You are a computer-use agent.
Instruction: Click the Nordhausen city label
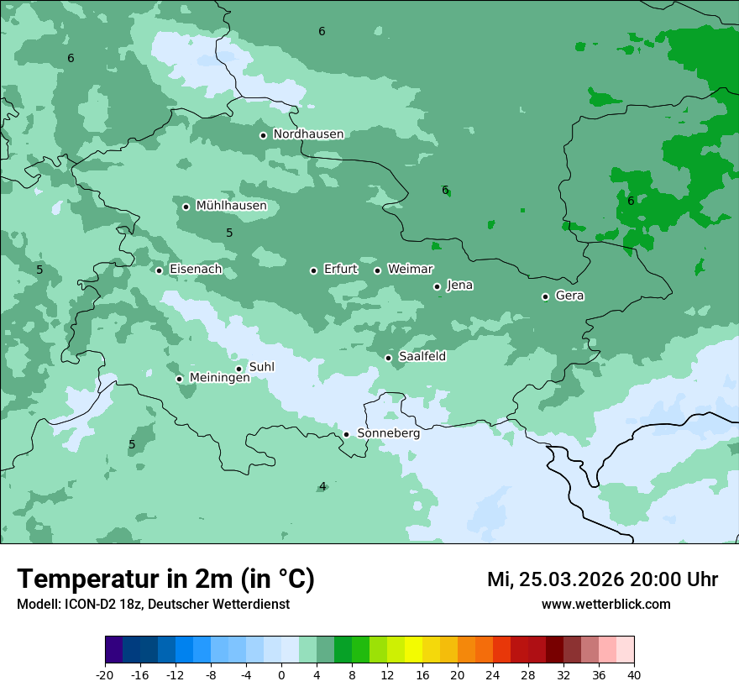click(x=308, y=134)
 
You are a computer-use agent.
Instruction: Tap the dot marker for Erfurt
click(x=313, y=270)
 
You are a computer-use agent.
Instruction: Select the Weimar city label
click(x=410, y=270)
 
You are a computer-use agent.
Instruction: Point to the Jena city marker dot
click(x=437, y=286)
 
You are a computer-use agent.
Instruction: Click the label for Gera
click(x=569, y=296)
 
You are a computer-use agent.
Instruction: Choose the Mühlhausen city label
click(x=231, y=206)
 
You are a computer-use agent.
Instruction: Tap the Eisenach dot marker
click(x=159, y=270)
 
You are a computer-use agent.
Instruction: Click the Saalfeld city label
click(x=422, y=357)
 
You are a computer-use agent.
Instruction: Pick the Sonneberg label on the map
click(x=388, y=433)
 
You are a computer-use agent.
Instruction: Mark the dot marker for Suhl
click(x=238, y=369)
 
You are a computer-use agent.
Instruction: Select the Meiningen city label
click(x=219, y=378)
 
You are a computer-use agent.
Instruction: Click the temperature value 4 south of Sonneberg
click(x=322, y=487)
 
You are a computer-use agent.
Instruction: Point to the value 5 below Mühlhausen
click(x=229, y=233)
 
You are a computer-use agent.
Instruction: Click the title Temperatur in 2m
click(x=165, y=579)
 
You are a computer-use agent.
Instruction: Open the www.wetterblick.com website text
click(x=605, y=604)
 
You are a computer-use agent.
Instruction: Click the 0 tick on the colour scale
click(x=281, y=675)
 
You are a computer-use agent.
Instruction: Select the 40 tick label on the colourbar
click(x=633, y=675)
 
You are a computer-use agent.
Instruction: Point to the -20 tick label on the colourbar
click(x=105, y=675)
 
